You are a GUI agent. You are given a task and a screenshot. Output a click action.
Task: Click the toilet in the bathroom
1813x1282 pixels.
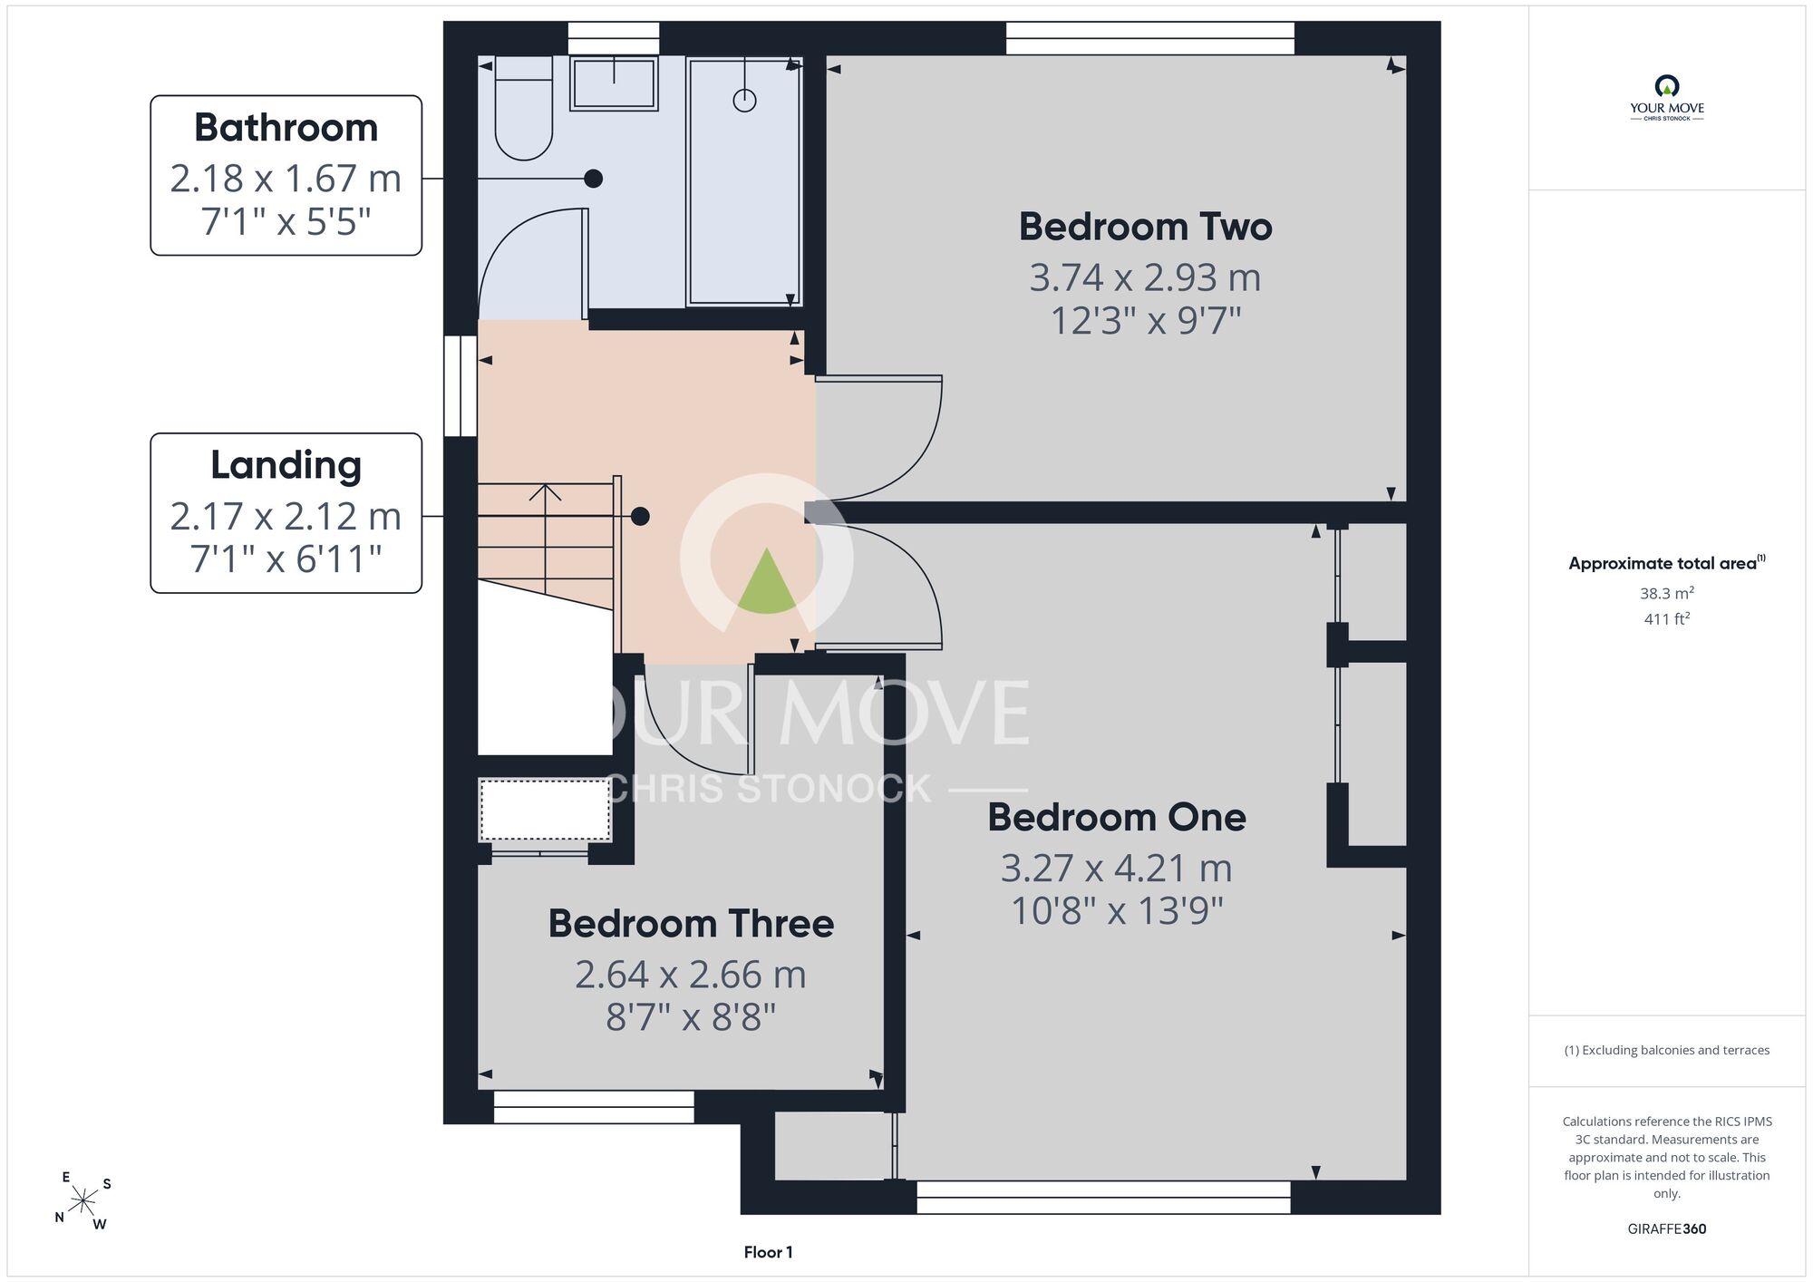[524, 108]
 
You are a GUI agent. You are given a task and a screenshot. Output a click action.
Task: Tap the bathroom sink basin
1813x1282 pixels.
[614, 83]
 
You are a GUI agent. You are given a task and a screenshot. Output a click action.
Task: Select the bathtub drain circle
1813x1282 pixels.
[744, 101]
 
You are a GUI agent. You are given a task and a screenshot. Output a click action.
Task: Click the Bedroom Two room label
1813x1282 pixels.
[1145, 227]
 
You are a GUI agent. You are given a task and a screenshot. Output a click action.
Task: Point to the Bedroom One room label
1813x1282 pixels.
[1117, 818]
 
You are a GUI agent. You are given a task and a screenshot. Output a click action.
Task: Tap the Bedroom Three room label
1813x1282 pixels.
[691, 924]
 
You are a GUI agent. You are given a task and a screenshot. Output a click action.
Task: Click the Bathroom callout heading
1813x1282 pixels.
[286, 128]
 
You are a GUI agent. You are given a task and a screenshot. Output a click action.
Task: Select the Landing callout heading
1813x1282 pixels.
[286, 466]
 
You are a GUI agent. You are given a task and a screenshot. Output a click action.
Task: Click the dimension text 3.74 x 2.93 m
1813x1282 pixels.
[1145, 278]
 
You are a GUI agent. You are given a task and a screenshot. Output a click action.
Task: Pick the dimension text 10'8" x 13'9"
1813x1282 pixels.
[1117, 911]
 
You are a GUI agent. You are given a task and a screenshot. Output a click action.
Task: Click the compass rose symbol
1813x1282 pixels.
[83, 1202]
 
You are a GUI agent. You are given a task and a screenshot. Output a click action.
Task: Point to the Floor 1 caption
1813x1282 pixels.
[768, 1252]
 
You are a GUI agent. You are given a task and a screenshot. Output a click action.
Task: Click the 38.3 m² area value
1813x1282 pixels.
[1666, 593]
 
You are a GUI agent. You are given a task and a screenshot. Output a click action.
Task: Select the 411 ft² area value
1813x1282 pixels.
[1666, 619]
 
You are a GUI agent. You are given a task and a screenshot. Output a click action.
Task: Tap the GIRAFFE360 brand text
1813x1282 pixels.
[1666, 1229]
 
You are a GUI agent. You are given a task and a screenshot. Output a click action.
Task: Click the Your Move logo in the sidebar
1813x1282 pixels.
[1666, 98]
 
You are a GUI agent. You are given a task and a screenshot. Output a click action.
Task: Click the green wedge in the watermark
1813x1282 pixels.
[767, 582]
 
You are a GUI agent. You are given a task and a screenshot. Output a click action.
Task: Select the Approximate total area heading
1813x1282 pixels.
[1666, 563]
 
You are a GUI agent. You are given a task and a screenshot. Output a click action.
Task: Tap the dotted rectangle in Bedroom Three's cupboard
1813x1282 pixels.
[545, 810]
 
